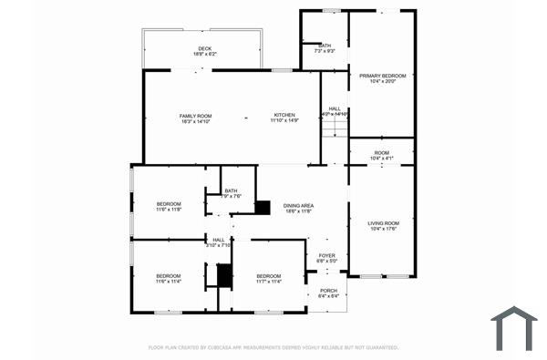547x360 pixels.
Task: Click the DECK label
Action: [204, 48]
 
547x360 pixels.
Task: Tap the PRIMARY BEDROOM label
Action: [381, 76]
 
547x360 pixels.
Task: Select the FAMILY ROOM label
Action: [194, 115]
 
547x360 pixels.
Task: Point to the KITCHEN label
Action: [284, 115]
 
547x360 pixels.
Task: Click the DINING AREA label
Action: [298, 206]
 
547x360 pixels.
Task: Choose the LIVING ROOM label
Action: [383, 222]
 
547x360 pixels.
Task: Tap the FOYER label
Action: [327, 255]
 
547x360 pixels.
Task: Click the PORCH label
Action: [327, 290]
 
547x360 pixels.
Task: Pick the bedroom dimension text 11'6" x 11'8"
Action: [169, 209]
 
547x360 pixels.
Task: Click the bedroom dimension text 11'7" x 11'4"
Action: [269, 282]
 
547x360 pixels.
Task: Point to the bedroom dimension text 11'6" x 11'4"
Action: [169, 282]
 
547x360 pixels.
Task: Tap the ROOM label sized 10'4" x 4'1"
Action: [381, 152]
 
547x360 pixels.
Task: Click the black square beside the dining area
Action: [263, 208]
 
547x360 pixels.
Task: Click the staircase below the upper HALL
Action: [335, 127]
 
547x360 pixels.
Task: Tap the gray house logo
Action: [514, 328]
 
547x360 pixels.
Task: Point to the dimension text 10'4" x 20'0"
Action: [381, 82]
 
